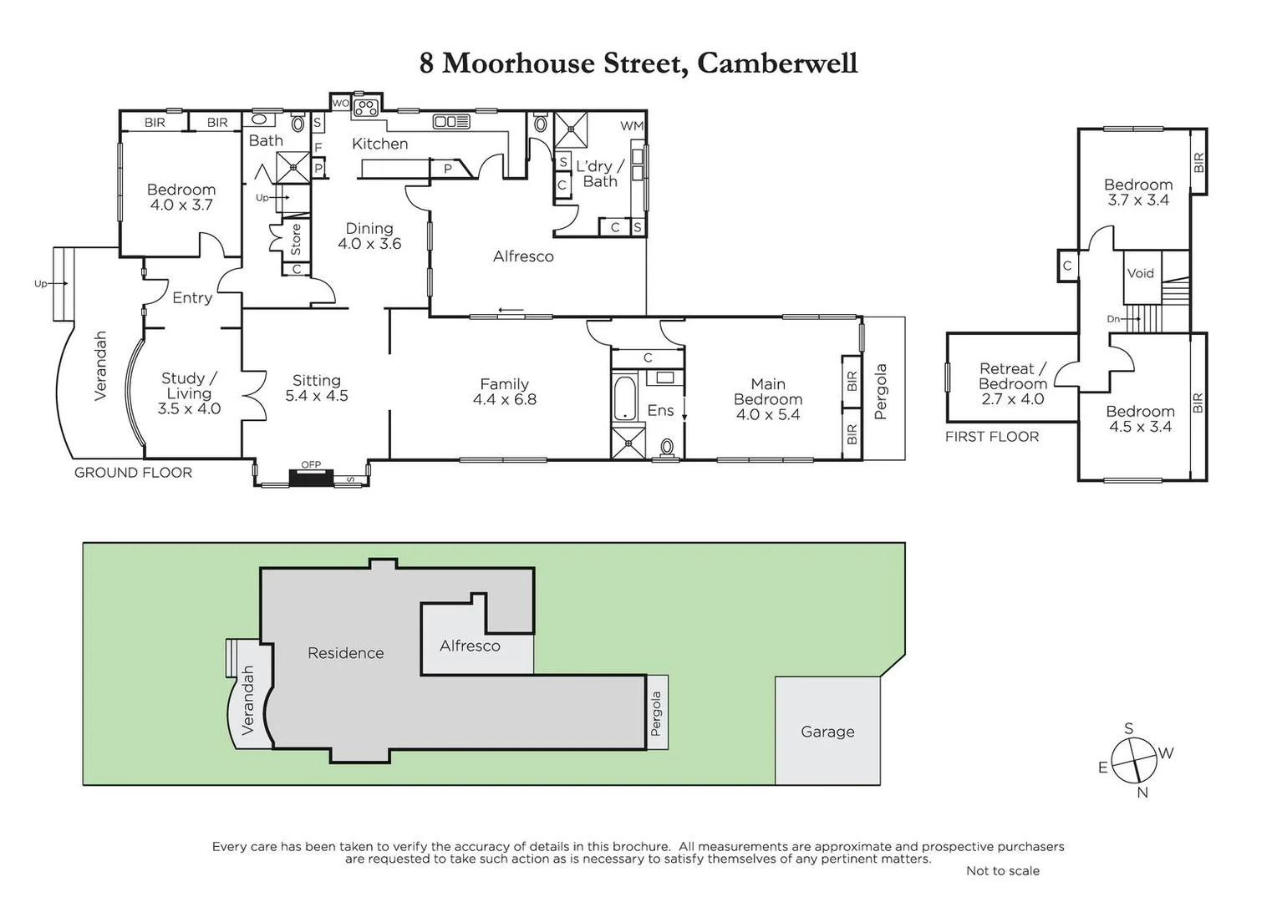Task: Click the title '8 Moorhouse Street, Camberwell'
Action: tap(638, 63)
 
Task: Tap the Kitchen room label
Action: tap(379, 144)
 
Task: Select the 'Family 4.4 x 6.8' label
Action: tap(504, 391)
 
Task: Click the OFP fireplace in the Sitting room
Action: tap(311, 476)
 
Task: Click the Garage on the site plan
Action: tap(827, 732)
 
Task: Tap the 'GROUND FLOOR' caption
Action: tap(133, 473)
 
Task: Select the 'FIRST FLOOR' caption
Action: tap(992, 437)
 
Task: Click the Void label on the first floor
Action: tap(1140, 273)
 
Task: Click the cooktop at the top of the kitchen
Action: tap(365, 106)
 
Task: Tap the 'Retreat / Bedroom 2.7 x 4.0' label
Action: tap(1012, 383)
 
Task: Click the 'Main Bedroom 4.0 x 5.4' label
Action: tap(767, 398)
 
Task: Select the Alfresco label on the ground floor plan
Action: tap(523, 256)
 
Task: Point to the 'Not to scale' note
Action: tap(1002, 870)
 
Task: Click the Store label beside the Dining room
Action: tap(295, 240)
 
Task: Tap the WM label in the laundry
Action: tap(632, 126)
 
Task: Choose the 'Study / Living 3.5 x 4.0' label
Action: tap(189, 393)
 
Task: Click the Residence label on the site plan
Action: tap(345, 653)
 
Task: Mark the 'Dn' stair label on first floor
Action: tap(1113, 319)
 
